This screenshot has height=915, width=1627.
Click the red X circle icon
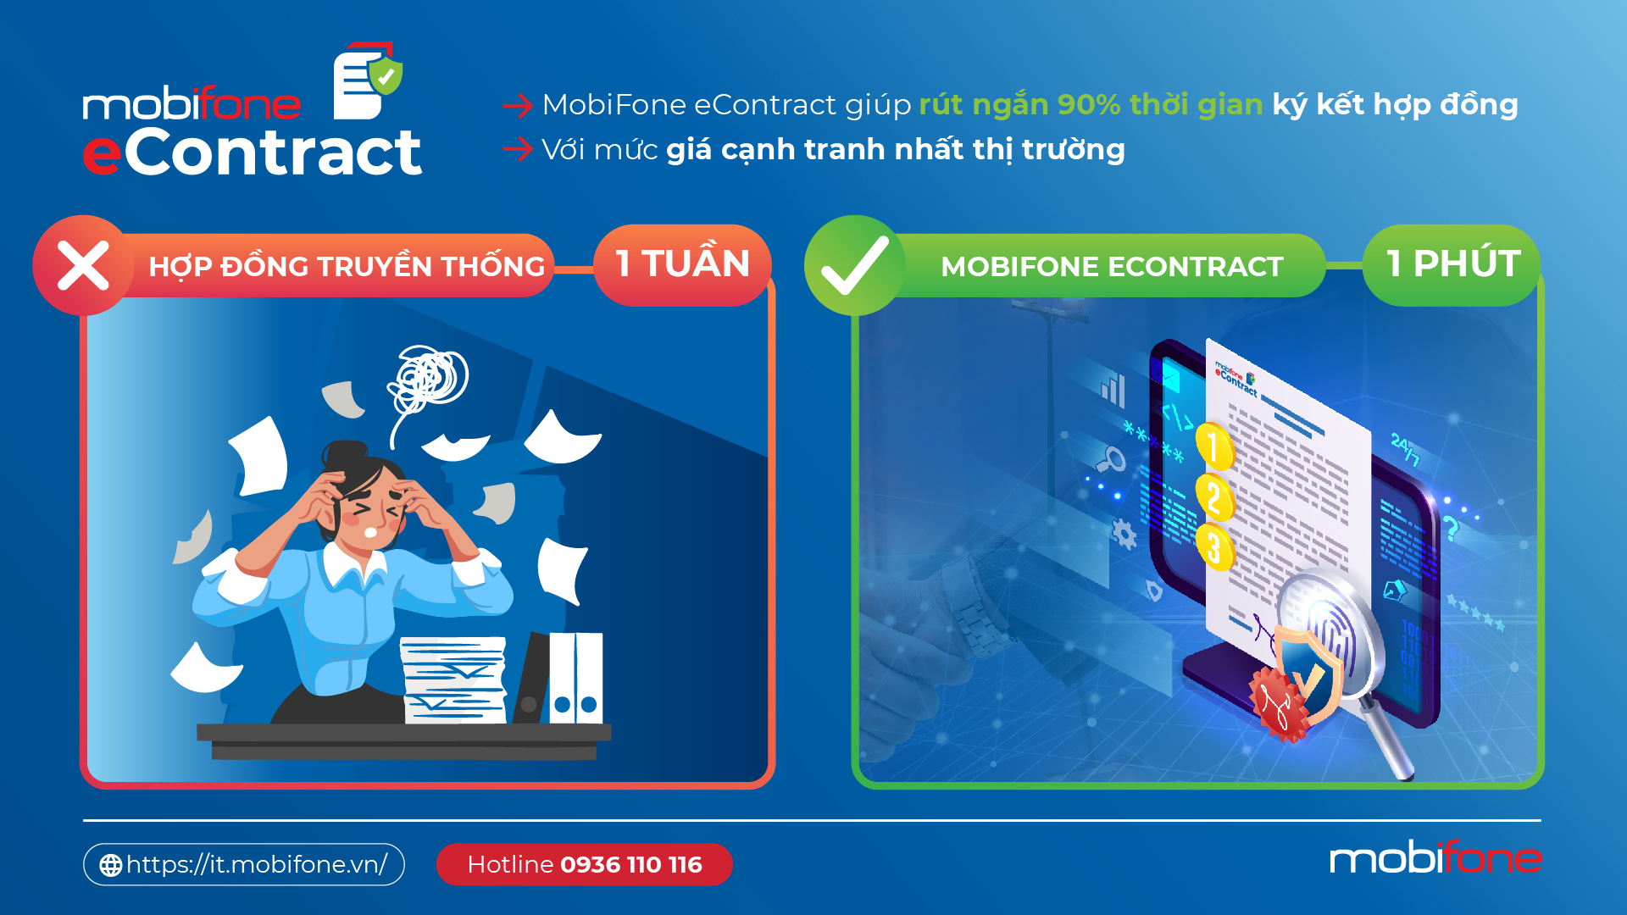83,265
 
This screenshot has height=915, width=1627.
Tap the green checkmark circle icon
854,265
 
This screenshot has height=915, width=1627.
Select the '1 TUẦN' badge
682,264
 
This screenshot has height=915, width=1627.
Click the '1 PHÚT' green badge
1452,264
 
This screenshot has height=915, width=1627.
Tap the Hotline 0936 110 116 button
584,864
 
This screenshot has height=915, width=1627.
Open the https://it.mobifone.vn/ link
256,864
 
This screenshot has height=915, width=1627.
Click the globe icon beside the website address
111,865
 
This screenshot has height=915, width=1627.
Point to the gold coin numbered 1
1213,446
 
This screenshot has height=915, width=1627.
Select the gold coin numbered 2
1213,497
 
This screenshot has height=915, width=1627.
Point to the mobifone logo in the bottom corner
1435,859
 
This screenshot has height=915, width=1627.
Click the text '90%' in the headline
1088,104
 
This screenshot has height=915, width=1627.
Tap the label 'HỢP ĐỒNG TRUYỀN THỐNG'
347,266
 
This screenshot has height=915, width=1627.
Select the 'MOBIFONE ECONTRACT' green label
1112,266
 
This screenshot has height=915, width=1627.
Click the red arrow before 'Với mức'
517,150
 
